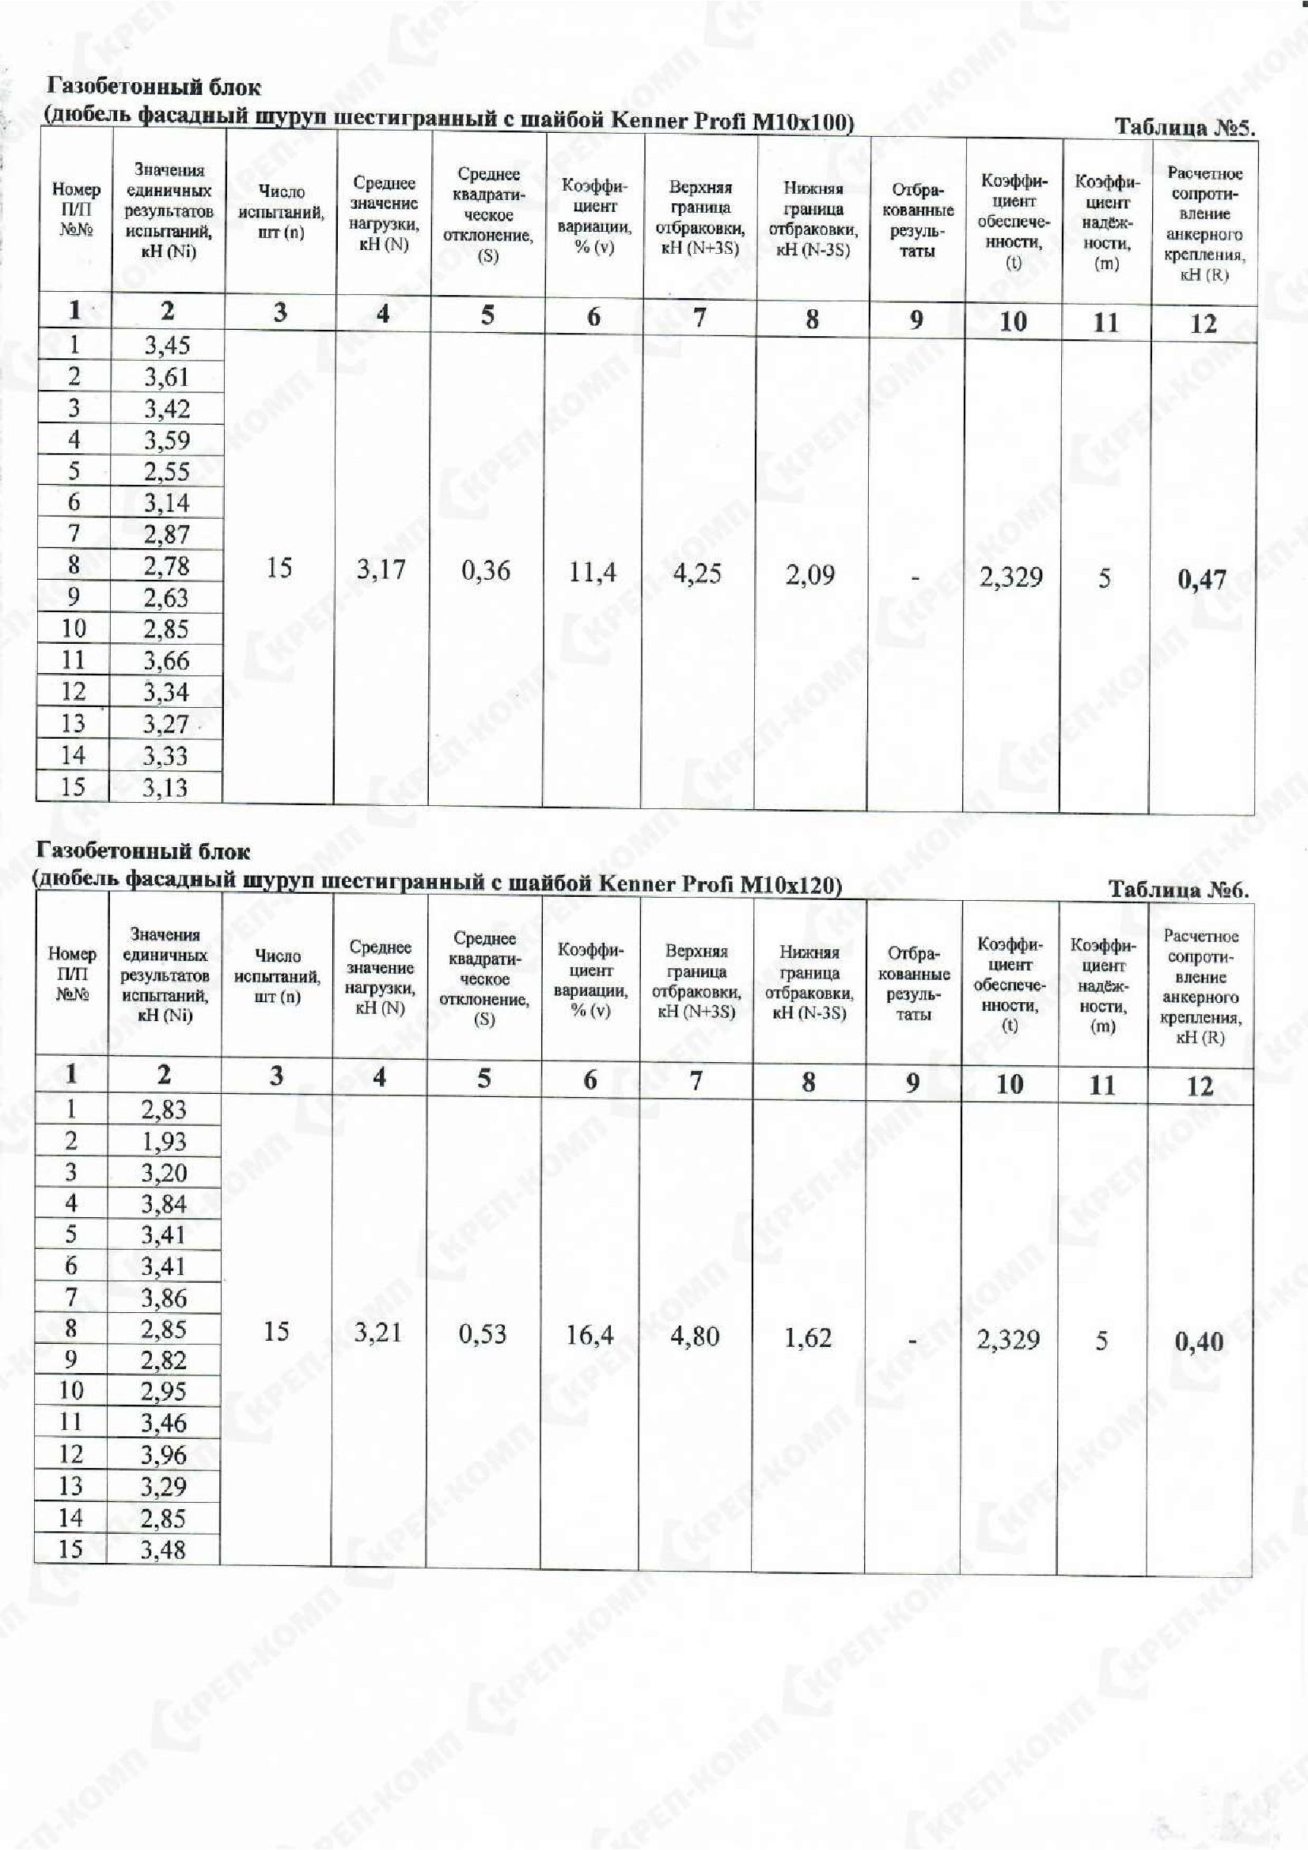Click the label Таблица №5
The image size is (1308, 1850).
[1184, 127]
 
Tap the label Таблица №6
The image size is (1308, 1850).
[1178, 890]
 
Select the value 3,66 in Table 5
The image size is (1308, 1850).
[167, 660]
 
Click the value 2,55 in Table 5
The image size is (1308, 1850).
[167, 471]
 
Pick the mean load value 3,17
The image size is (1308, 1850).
[381, 569]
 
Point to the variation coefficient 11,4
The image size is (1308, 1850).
[593, 572]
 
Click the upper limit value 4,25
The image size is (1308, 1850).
[697, 573]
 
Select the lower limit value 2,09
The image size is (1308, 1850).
[810, 575]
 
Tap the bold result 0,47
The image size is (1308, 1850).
[1202, 579]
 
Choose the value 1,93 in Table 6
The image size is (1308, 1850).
[164, 1142]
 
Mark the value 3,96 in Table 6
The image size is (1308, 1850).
[164, 1455]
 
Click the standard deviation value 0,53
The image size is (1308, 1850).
[483, 1334]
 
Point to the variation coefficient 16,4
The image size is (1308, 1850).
[590, 1336]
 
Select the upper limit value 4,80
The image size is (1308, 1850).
[694, 1337]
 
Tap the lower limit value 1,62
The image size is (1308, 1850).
[808, 1338]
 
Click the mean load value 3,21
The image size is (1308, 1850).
[378, 1333]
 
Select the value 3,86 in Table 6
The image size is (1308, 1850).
[164, 1298]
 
